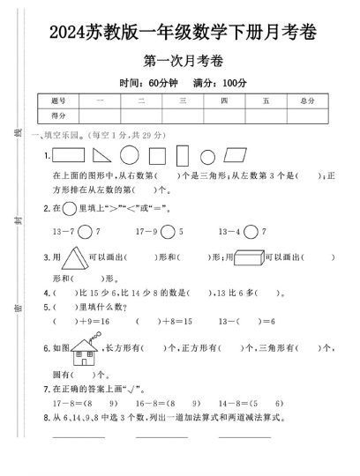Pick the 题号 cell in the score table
pyautogui.click(x=59, y=101)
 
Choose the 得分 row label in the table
pyautogui.click(x=59, y=115)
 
